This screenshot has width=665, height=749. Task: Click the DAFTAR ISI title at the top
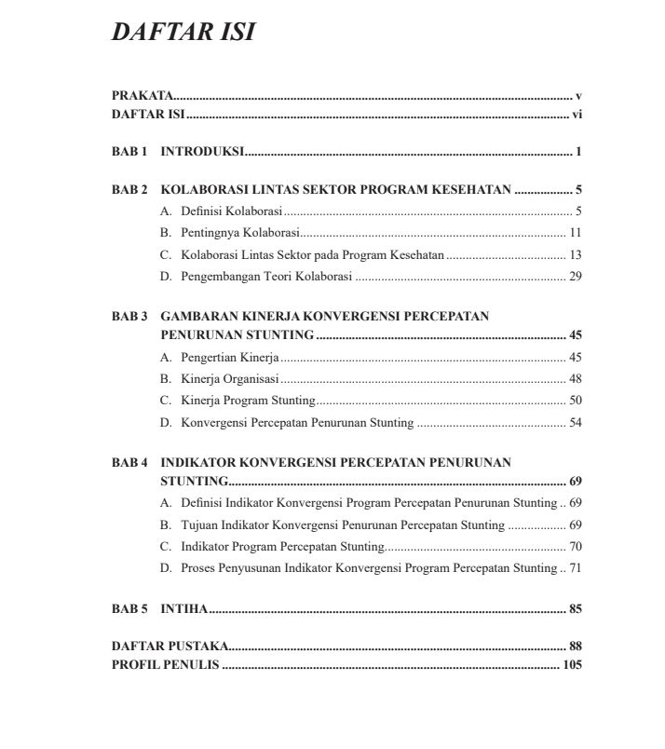pyautogui.click(x=183, y=32)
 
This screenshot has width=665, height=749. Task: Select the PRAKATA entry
pyautogui.click(x=142, y=96)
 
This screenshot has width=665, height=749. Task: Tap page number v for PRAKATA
pyautogui.click(x=578, y=96)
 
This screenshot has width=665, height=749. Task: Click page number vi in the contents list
pyautogui.click(x=577, y=115)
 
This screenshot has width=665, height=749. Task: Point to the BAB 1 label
pyautogui.click(x=129, y=151)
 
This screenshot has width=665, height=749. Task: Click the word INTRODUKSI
pyautogui.click(x=202, y=151)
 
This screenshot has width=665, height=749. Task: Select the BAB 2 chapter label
pyautogui.click(x=129, y=190)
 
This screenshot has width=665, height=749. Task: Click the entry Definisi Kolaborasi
pyautogui.click(x=232, y=211)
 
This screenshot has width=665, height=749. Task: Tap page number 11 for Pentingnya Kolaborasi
pyautogui.click(x=575, y=233)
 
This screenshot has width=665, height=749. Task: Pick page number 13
pyautogui.click(x=575, y=254)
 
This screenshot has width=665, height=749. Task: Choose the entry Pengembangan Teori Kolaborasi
pyautogui.click(x=266, y=276)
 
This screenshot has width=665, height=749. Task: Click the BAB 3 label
pyautogui.click(x=129, y=316)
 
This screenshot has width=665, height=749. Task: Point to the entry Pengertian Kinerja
pyautogui.click(x=230, y=358)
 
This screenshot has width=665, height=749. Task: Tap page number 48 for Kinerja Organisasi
pyautogui.click(x=575, y=379)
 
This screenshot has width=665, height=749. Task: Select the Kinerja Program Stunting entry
pyautogui.click(x=248, y=401)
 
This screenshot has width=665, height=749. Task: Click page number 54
pyautogui.click(x=575, y=422)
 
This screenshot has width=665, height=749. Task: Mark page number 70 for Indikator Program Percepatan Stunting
pyautogui.click(x=575, y=546)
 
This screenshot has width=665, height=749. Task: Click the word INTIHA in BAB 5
pyautogui.click(x=184, y=609)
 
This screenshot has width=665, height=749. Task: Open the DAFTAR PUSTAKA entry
pyautogui.click(x=169, y=646)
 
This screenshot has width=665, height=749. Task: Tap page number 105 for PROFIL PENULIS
pyautogui.click(x=572, y=665)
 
